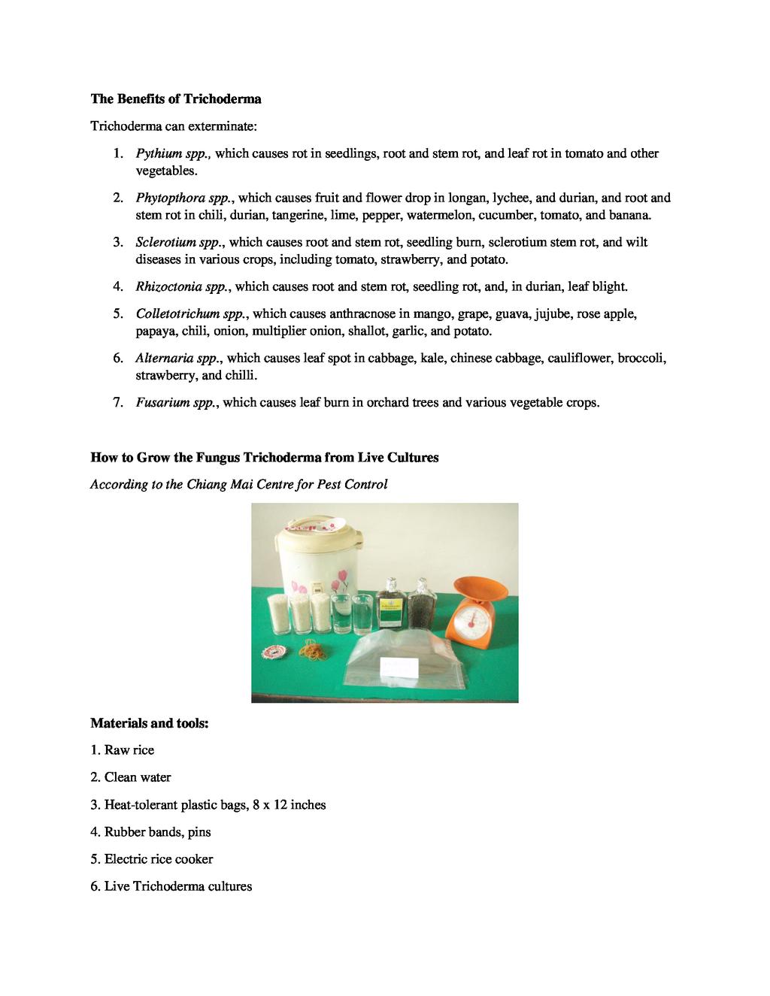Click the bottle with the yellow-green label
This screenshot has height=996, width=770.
point(390,606)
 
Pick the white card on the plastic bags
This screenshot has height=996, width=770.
point(400,666)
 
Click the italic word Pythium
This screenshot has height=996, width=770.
point(156,153)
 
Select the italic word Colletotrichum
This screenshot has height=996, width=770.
point(177,313)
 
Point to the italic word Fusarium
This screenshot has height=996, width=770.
point(162,402)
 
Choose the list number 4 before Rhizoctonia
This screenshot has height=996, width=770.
point(118,286)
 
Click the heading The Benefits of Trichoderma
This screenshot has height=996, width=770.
point(176,98)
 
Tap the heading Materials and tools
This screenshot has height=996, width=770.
point(149,723)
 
